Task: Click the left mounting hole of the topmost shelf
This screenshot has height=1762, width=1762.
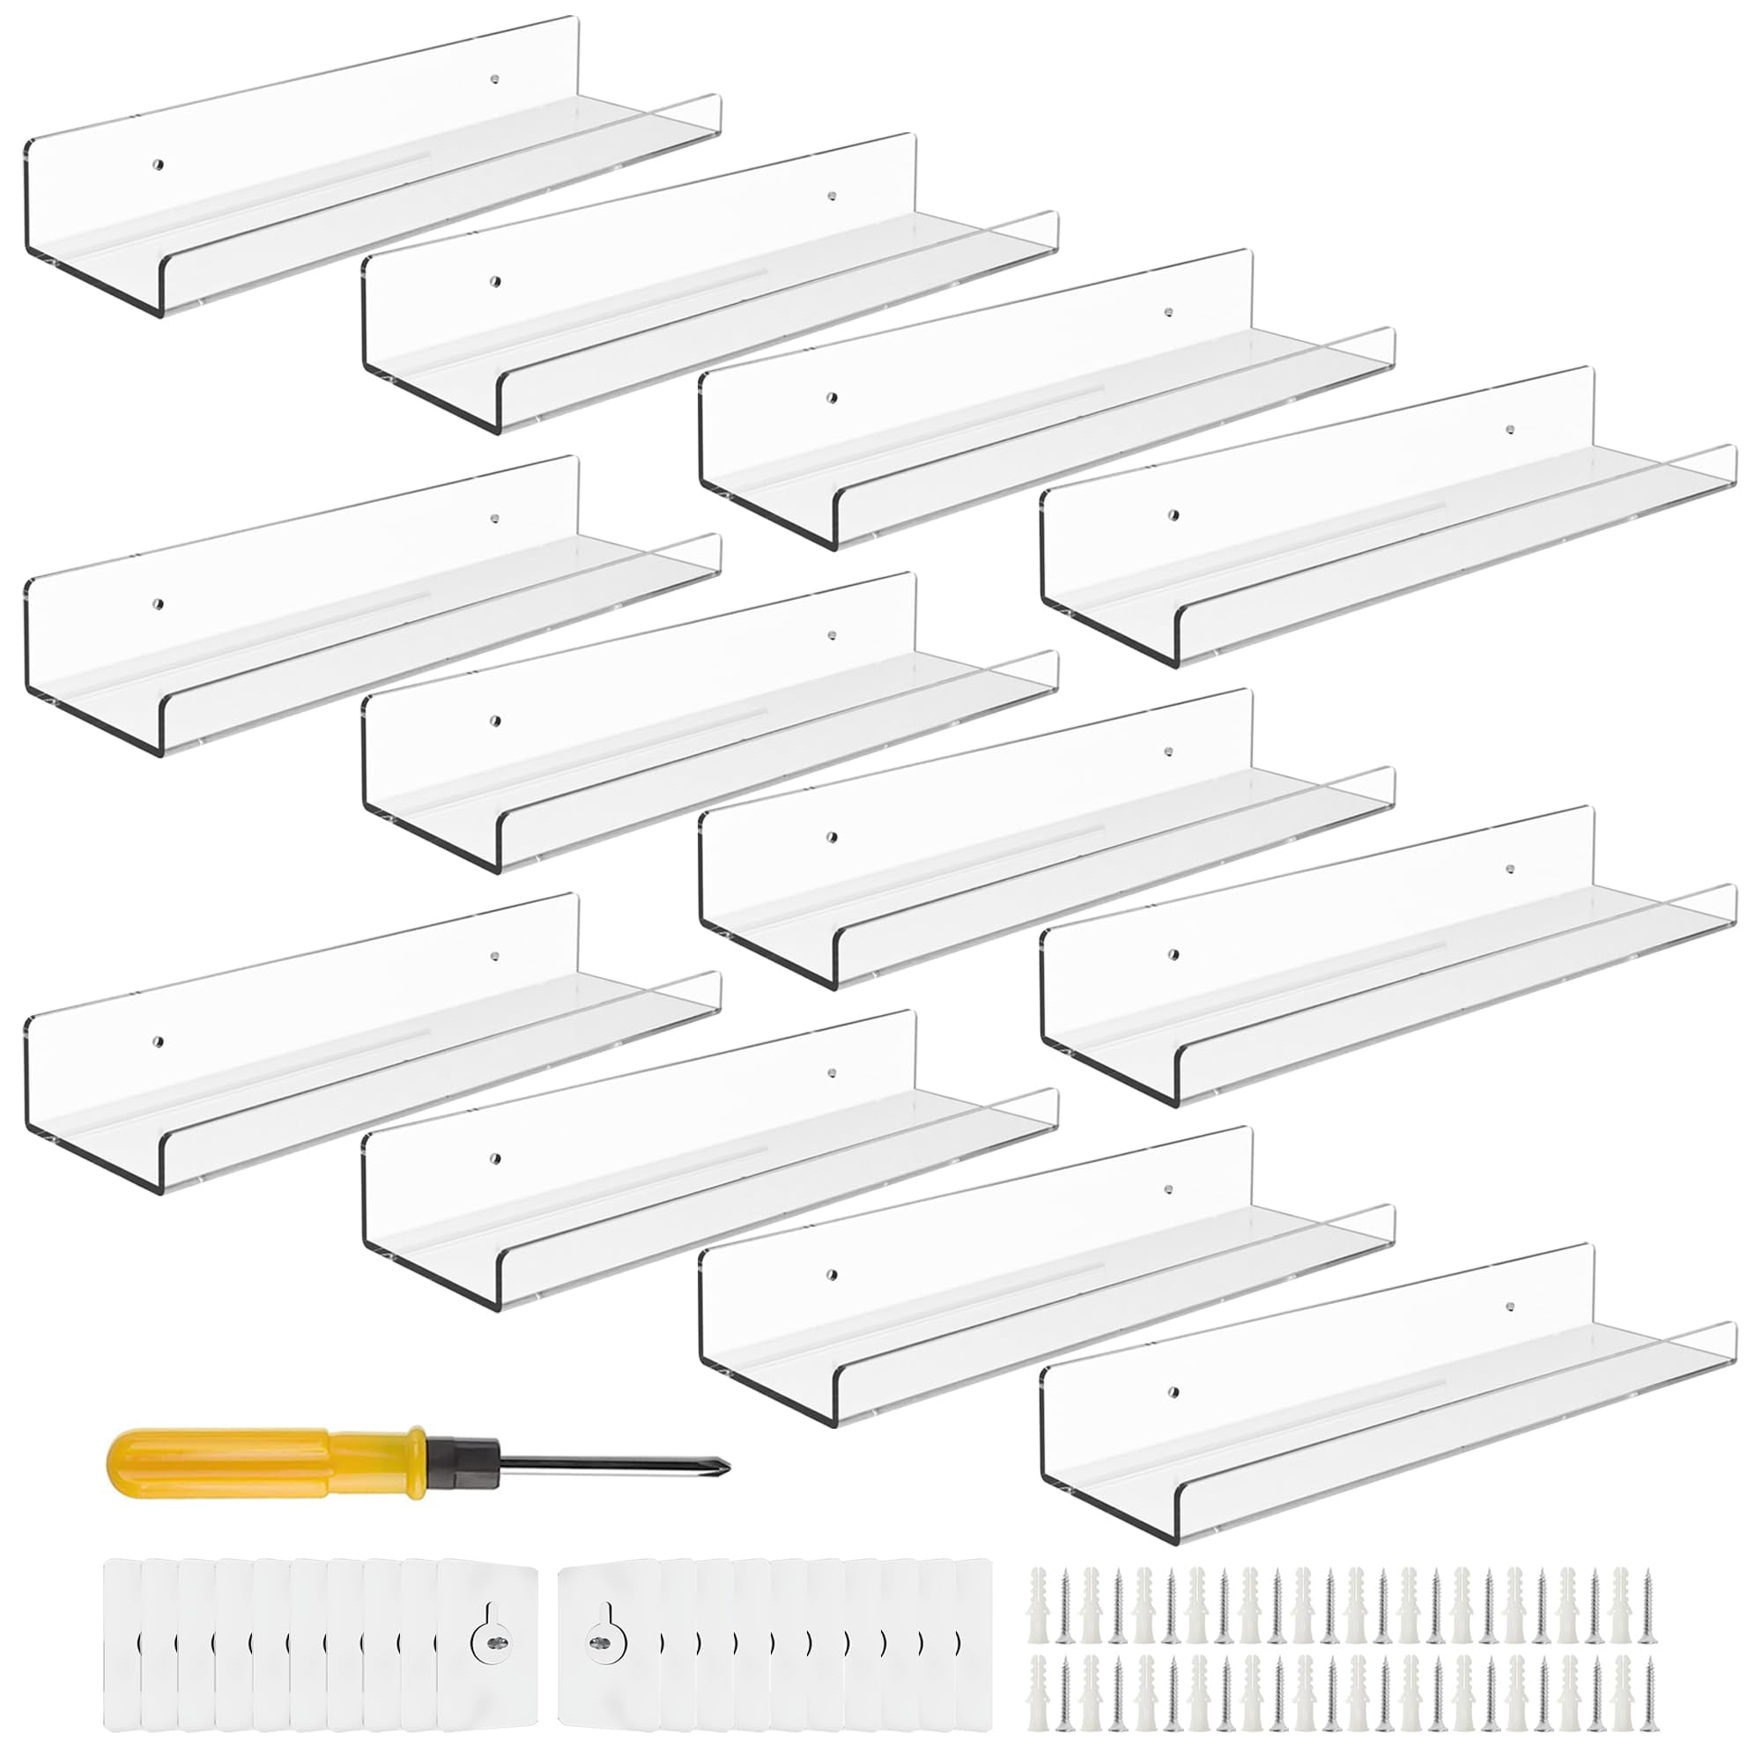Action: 158,165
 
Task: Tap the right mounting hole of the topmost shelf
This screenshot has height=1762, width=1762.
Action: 494,79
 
